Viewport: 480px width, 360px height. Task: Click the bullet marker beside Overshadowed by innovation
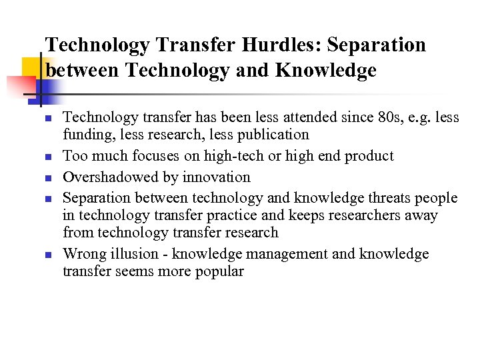(49, 178)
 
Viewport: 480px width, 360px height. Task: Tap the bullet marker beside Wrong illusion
(49, 255)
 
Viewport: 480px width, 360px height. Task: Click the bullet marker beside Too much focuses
(49, 157)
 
